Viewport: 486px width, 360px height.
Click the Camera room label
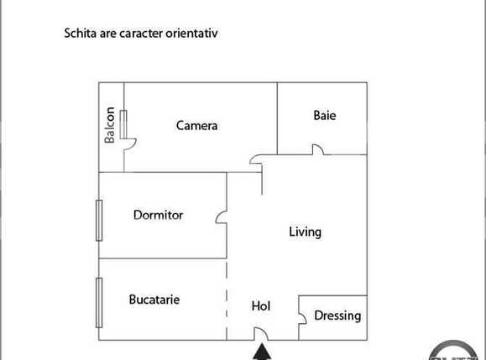tap(196, 126)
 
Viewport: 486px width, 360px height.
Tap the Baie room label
tap(324, 116)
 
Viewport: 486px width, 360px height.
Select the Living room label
tap(305, 232)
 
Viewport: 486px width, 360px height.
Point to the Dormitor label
tap(158, 215)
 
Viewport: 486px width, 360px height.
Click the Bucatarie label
tap(154, 299)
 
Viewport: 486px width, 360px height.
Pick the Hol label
tap(261, 306)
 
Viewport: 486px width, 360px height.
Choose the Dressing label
tap(337, 316)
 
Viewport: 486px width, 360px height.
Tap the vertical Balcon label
tap(110, 125)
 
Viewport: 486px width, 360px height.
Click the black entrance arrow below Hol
tap(262, 352)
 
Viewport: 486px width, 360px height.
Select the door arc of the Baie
tap(317, 149)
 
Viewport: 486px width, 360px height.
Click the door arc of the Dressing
tap(302, 316)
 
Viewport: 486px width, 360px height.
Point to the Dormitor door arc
tap(221, 217)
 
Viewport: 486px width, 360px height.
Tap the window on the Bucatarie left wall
tap(98, 303)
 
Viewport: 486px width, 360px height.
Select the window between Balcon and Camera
tap(124, 125)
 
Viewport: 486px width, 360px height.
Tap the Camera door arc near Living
tap(256, 159)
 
